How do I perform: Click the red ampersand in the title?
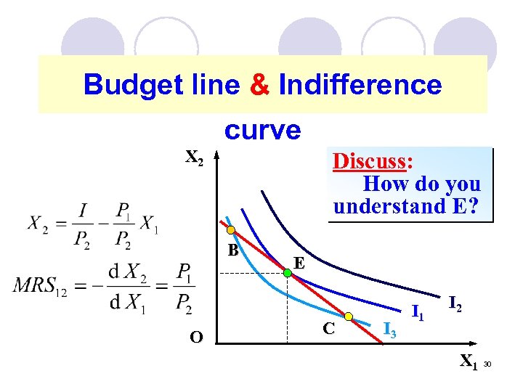click(259, 86)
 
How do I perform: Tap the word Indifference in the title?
click(360, 86)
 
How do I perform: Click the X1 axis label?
click(469, 360)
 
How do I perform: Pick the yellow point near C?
click(349, 317)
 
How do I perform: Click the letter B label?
click(232, 251)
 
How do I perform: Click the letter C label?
click(328, 329)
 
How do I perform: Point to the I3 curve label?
click(389, 330)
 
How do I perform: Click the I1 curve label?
click(418, 314)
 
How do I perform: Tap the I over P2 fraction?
click(85, 224)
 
